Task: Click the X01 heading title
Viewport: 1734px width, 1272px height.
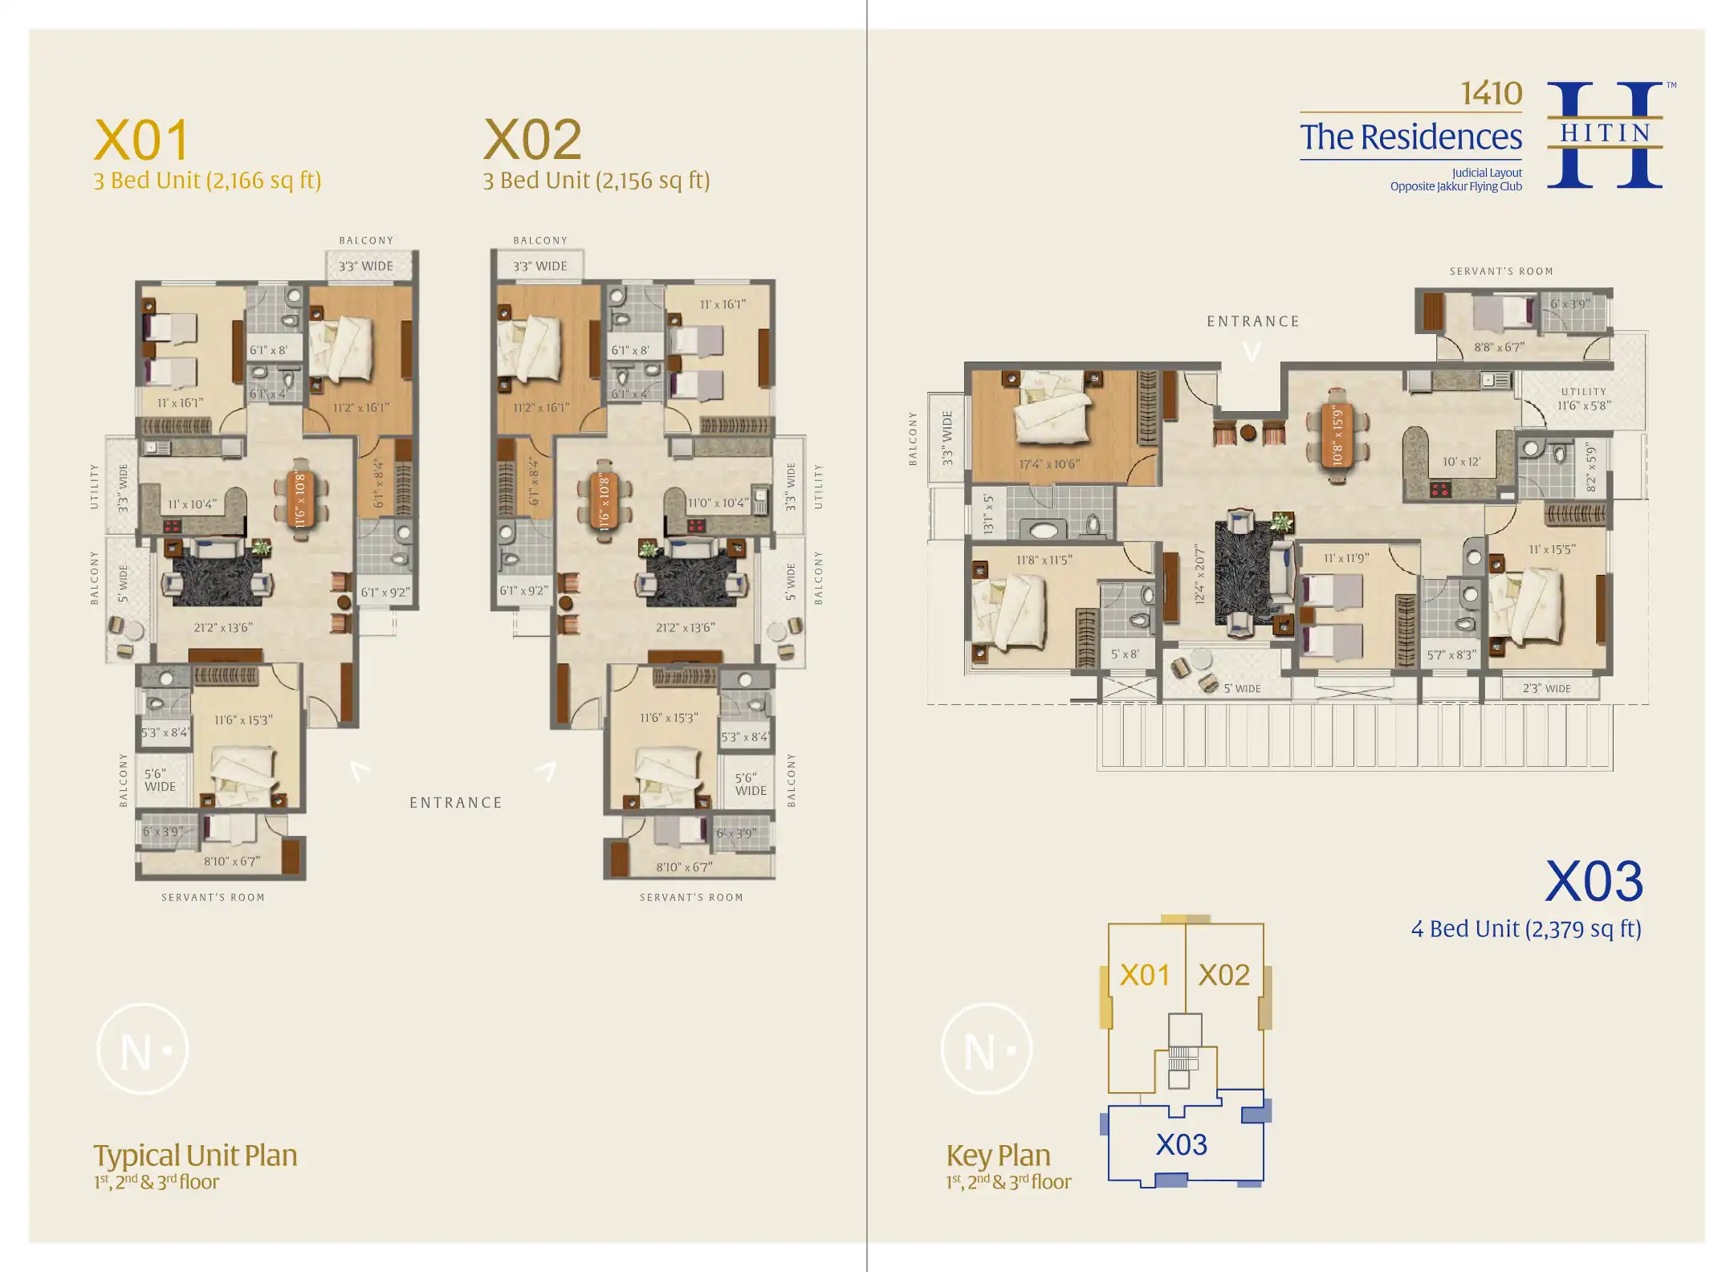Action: [x=142, y=141]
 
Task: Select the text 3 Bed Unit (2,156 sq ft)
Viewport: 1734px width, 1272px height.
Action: [x=596, y=181]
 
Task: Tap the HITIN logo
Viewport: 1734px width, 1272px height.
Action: [x=1605, y=134]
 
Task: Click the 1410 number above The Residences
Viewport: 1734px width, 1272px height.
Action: [x=1491, y=94]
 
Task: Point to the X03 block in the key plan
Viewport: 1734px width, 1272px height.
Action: [x=1181, y=1144]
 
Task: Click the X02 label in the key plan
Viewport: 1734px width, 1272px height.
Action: [x=1223, y=976]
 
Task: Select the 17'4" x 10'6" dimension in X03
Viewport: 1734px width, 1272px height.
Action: [x=1049, y=464]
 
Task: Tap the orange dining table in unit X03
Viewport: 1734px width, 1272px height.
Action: [x=1337, y=437]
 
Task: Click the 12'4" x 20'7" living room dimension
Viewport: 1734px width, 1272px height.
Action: [x=1200, y=574]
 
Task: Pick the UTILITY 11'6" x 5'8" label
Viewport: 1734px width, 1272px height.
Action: [x=1584, y=400]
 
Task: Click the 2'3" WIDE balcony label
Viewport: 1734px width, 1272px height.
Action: [x=1546, y=689]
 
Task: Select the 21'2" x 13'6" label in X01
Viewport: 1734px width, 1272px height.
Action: [x=223, y=627]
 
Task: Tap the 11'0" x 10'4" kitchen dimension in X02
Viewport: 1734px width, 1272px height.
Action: [x=718, y=503]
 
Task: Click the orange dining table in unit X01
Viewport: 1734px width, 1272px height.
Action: [x=300, y=499]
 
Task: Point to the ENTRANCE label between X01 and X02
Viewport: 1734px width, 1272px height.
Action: [x=455, y=803]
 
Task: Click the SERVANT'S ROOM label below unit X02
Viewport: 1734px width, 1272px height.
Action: [x=691, y=897]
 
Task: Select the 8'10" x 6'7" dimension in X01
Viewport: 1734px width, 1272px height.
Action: [x=231, y=862]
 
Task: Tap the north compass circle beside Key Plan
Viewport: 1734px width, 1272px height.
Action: [x=987, y=1050]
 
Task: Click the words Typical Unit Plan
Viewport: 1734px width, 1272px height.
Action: [x=195, y=1156]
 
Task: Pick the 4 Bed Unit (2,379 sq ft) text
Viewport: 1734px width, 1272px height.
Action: [x=1525, y=929]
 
